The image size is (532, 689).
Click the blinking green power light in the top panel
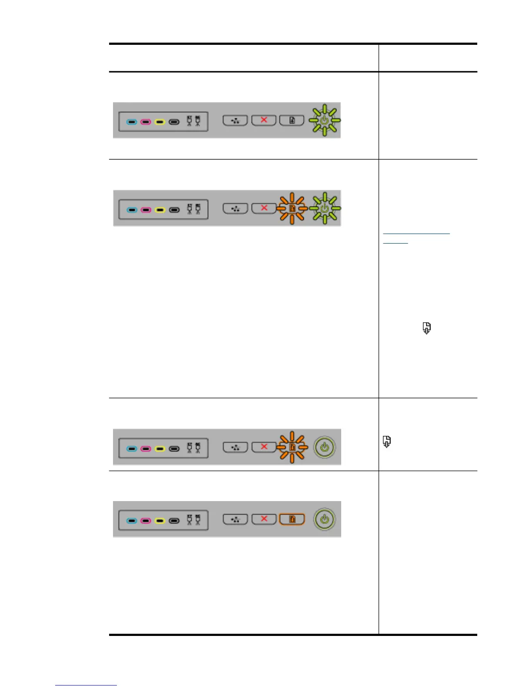click(x=324, y=120)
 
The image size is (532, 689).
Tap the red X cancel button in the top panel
click(x=264, y=120)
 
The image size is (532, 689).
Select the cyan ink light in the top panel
click(x=132, y=122)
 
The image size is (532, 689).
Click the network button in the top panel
click(x=235, y=120)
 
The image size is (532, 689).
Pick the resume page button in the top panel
click(x=292, y=120)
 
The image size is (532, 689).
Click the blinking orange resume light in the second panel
click(x=292, y=208)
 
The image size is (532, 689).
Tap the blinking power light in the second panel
click(x=325, y=208)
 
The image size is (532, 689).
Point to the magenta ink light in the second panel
click(x=146, y=210)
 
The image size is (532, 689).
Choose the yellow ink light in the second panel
click(x=160, y=210)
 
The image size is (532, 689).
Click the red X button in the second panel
click(x=264, y=208)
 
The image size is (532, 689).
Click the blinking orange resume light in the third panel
click(x=292, y=447)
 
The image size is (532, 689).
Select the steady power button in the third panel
click(x=325, y=447)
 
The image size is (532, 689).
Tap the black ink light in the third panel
click(x=174, y=449)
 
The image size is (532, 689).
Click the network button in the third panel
click(x=235, y=447)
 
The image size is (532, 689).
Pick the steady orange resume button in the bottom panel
click(x=292, y=519)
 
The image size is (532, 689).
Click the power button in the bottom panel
click(x=325, y=519)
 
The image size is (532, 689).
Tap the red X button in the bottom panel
click(x=264, y=519)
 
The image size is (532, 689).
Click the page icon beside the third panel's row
click(x=386, y=442)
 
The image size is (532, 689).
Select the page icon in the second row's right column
click(x=427, y=328)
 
